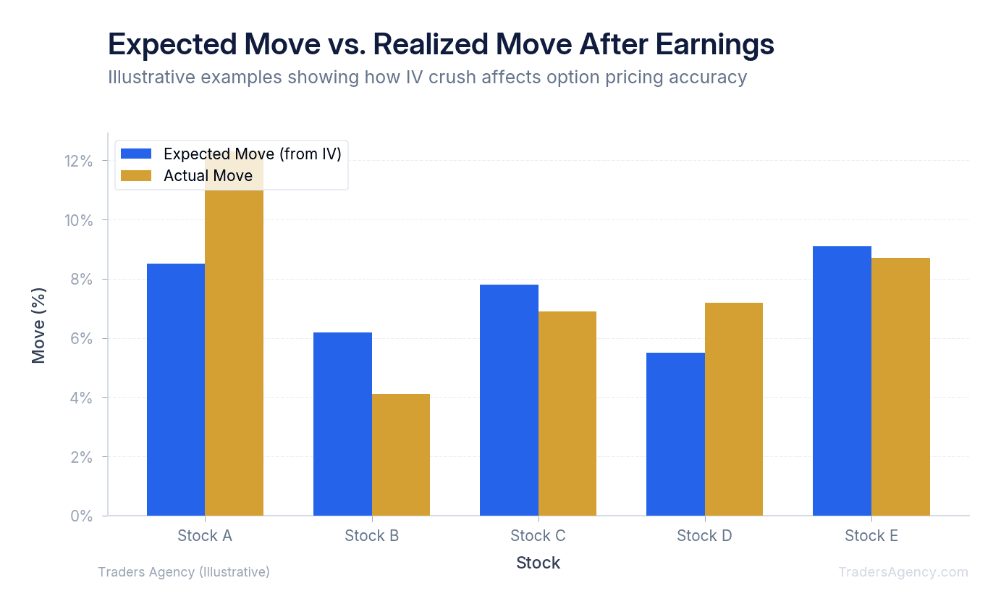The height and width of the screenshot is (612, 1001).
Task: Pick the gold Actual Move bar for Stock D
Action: pos(733,409)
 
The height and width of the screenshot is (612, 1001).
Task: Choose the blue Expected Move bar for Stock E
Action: pos(842,381)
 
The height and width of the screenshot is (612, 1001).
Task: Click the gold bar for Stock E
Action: pos(900,387)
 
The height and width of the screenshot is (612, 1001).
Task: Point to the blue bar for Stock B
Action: pos(342,424)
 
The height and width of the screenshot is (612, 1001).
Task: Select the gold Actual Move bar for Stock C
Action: pos(567,414)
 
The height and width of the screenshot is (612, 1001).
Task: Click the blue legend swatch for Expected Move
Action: pos(136,154)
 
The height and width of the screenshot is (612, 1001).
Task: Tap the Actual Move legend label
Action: pos(208,176)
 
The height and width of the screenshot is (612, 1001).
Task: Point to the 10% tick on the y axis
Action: pos(79,220)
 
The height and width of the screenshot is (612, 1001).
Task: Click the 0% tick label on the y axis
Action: pos(82,516)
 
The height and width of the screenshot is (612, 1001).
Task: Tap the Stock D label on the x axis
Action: pos(704,536)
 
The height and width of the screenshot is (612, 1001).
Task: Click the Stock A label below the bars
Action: pos(205,536)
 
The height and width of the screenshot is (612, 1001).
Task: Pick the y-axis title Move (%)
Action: pos(39,325)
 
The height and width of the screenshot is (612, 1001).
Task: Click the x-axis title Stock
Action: pos(538,563)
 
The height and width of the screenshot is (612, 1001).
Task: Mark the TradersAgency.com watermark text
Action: pos(903,572)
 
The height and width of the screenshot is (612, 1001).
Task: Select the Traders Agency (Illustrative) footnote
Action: pos(184,572)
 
